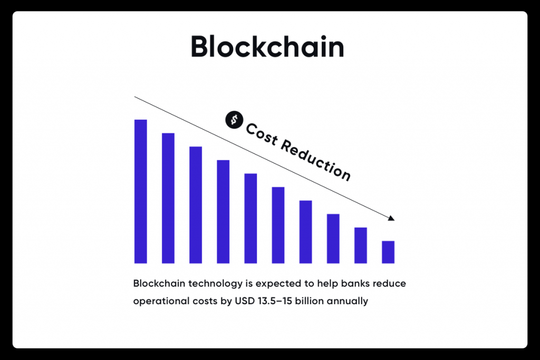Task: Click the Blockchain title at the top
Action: click(x=267, y=46)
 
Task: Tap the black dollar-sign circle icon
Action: click(x=234, y=120)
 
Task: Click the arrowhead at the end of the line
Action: click(x=391, y=218)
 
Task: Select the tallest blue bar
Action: click(x=140, y=191)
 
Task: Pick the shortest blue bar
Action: click(x=388, y=252)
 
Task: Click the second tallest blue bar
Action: click(x=168, y=198)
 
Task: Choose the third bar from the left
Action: click(x=196, y=205)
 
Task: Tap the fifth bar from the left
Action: click(x=250, y=219)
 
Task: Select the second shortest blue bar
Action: click(x=361, y=246)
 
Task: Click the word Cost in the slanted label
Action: click(x=262, y=134)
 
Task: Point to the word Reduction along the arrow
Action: click(x=316, y=160)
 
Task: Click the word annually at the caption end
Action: click(x=348, y=301)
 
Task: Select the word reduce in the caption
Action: click(x=390, y=283)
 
